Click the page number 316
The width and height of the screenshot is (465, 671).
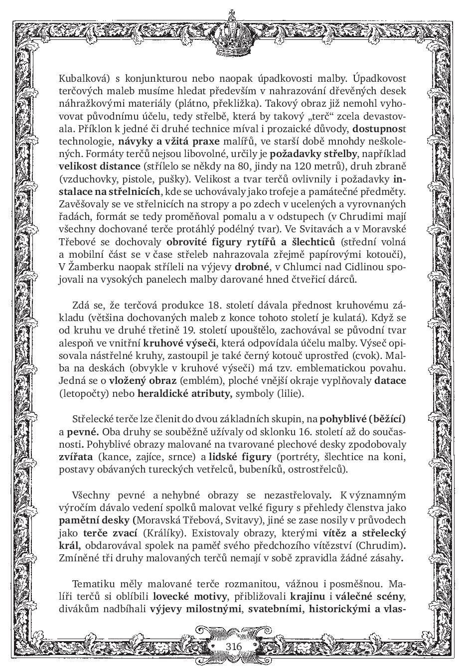pyautogui.click(x=233, y=646)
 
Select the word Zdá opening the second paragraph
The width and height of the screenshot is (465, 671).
pyautogui.click(x=81, y=305)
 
